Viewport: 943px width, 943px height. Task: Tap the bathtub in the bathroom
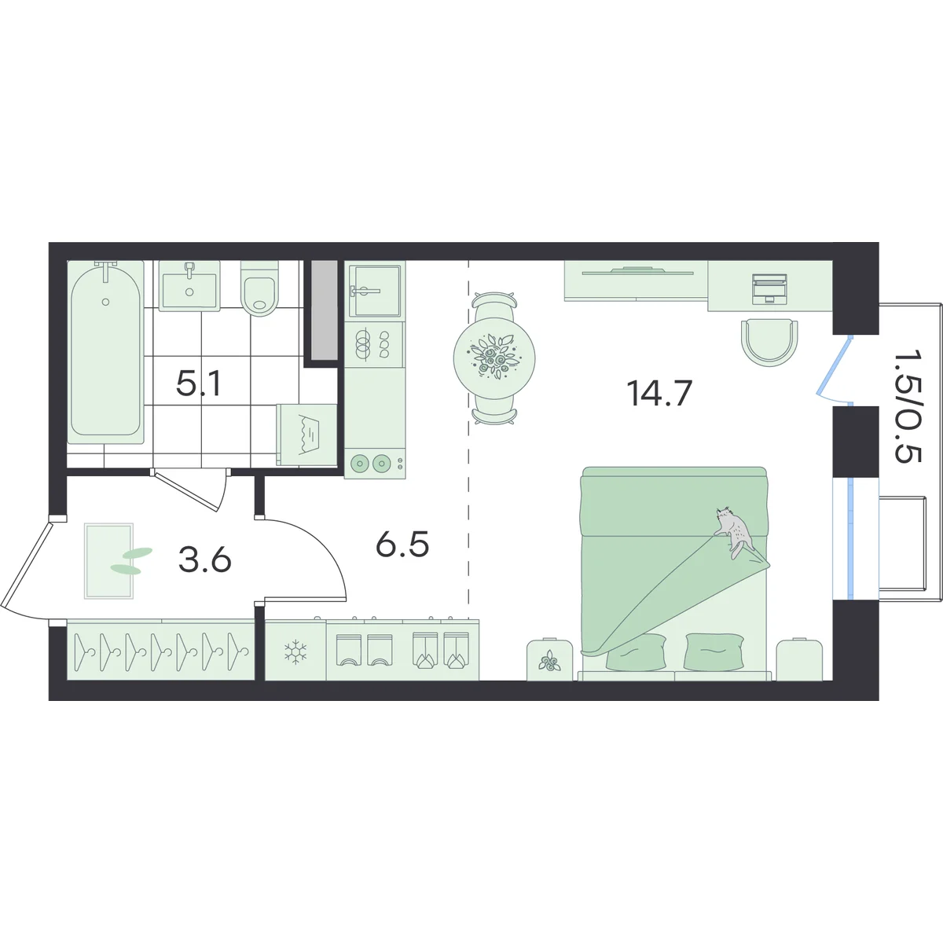click(x=106, y=352)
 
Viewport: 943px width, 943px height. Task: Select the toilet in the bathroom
click(x=259, y=288)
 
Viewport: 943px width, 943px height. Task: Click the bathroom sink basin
click(x=189, y=285)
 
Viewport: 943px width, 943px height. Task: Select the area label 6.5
click(x=402, y=545)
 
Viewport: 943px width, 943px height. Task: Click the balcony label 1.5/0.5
click(x=907, y=405)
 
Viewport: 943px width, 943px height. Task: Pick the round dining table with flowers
click(x=494, y=358)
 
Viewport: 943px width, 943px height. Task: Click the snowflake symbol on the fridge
click(x=295, y=652)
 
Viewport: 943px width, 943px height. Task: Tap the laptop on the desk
click(x=770, y=288)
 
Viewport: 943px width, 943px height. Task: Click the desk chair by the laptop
click(x=770, y=342)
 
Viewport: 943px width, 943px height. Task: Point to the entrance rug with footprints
click(x=108, y=561)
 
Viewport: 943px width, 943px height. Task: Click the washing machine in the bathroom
click(x=306, y=435)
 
